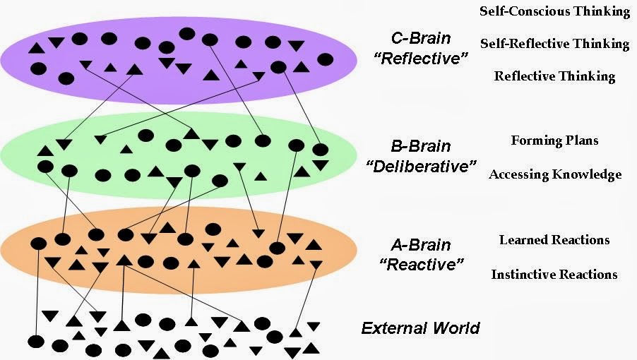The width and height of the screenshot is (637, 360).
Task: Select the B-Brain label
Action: click(420, 148)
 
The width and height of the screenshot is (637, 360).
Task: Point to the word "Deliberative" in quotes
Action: click(420, 167)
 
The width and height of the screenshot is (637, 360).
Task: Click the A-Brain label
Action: click(420, 246)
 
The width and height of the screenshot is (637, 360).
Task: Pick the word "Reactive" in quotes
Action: click(420, 265)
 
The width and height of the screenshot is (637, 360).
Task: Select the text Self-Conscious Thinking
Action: click(554, 11)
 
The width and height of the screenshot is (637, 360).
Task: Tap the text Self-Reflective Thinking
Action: click(554, 44)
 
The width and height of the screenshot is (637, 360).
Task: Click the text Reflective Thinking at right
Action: click(554, 76)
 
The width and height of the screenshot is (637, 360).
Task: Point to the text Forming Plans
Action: click(554, 140)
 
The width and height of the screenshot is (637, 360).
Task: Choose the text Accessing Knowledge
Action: click(555, 174)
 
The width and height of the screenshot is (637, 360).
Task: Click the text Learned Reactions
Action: click(554, 240)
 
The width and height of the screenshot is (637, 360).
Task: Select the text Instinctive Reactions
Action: click(554, 274)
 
